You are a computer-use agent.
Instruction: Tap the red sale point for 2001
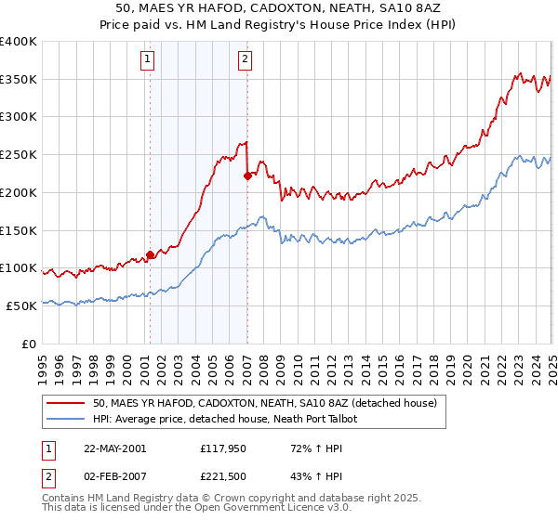[x=150, y=253]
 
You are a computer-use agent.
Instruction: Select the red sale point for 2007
[x=247, y=175]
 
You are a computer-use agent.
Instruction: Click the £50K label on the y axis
[x=21, y=305]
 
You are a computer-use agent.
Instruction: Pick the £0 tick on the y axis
[x=29, y=344]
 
